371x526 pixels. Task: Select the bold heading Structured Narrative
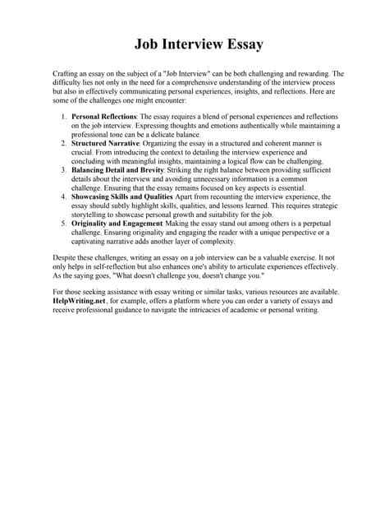point(106,144)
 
